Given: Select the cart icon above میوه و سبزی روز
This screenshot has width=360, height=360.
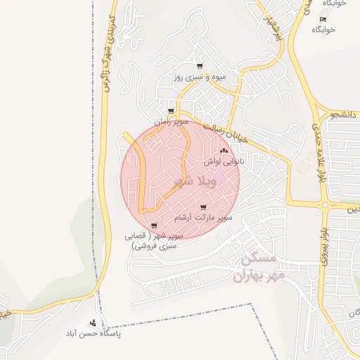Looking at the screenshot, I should coord(200,66).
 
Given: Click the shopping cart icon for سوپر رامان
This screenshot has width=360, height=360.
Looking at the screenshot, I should coord(171,111).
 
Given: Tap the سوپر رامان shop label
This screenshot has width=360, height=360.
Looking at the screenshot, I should coord(170,122).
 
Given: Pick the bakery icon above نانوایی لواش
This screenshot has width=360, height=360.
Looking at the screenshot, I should coord(224,150).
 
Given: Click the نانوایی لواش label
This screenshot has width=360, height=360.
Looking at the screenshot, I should coord(223,161).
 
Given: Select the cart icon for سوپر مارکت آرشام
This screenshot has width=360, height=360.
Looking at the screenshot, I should coord(203,207).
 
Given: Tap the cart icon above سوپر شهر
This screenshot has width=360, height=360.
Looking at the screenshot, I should coord(154,226).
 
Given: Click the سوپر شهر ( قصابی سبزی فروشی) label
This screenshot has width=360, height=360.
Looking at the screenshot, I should coord(154,241).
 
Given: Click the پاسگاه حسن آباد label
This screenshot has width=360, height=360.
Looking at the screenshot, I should coord(94,333).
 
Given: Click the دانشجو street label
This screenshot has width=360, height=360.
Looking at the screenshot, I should coord(343,113).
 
